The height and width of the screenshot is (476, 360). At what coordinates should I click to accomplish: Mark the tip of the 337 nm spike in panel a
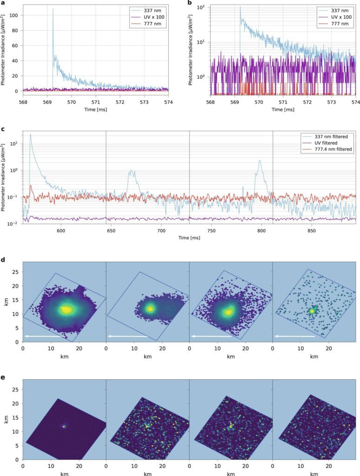pyautogui.click(x=53, y=9)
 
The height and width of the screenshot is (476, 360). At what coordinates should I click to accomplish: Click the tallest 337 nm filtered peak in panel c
pyautogui.click(x=31, y=134)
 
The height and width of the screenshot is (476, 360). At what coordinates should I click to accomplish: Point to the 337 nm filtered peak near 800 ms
pyautogui.click(x=260, y=161)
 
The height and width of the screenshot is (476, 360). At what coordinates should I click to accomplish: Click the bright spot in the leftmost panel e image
pyautogui.click(x=64, y=425)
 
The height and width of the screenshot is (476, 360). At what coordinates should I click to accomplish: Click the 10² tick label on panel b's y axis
pyautogui.click(x=201, y=7)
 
